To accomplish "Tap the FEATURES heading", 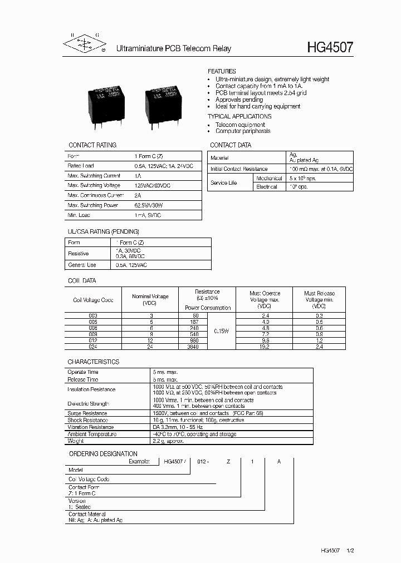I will [x=222, y=72].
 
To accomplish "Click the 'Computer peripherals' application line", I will [x=243, y=131].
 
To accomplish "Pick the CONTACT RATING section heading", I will [x=92, y=145].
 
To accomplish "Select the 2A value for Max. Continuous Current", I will [x=138, y=195].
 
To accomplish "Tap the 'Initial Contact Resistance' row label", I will [x=239, y=169].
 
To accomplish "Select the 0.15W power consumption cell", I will [x=222, y=331].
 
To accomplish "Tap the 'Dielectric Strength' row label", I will [x=89, y=403].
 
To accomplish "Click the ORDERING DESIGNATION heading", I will [x=103, y=454].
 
